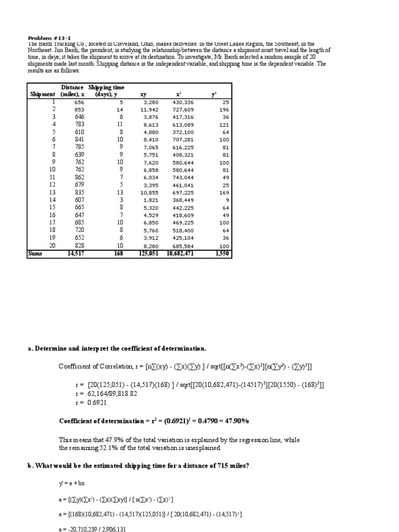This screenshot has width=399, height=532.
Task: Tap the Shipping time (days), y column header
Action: click(x=107, y=90)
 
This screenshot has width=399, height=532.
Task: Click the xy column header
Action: click(x=143, y=95)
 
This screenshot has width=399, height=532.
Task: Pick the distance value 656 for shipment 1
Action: click(x=77, y=102)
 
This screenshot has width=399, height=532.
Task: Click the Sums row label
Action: click(x=36, y=254)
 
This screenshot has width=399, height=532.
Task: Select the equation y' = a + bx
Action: click(x=71, y=484)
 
